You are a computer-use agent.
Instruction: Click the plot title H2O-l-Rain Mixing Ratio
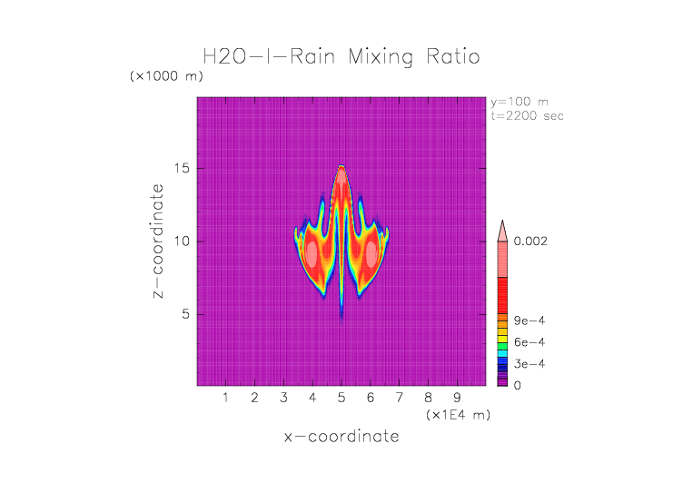coord(341,57)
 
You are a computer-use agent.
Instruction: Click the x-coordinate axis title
coord(341,437)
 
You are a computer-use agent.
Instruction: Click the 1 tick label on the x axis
coord(225,398)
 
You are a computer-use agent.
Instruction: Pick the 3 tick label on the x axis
coord(283,398)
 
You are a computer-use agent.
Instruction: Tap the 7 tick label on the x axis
coord(399,398)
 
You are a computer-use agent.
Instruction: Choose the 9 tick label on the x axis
coord(457,398)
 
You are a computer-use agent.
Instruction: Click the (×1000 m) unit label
coord(165,76)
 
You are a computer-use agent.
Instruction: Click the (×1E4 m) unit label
coord(458,415)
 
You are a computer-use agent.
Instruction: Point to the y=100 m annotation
coord(520,102)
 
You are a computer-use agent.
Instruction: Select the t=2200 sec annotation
coord(528,115)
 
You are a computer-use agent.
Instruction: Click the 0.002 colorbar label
coord(532,241)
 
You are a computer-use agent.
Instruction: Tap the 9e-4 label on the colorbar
coord(529,320)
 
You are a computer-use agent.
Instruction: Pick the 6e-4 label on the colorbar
coord(529,342)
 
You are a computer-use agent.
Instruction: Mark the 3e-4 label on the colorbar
coord(529,364)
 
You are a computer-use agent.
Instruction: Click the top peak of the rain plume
coord(341,166)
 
